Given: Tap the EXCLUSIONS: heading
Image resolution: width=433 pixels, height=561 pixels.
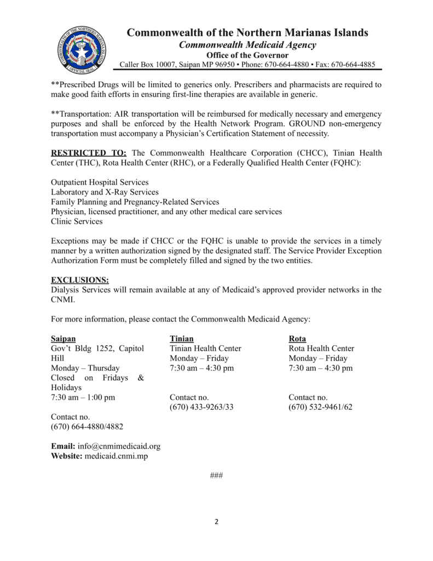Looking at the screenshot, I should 79,280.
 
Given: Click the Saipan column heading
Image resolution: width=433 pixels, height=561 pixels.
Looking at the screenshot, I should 63,339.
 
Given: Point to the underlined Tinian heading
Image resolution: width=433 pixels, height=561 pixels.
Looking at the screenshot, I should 182,339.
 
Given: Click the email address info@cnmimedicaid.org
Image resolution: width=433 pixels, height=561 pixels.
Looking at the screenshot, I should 119,446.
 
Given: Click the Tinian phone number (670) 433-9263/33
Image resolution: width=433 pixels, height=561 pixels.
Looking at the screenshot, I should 201,407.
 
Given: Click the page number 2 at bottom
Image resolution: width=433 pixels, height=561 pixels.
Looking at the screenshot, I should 216,522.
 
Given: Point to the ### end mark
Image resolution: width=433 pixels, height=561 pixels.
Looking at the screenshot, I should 216,475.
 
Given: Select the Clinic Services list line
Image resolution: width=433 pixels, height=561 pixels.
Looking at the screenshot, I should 76,221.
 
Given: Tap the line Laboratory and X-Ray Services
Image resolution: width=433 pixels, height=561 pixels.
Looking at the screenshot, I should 105,192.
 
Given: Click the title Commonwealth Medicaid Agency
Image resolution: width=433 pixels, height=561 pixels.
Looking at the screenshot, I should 247,45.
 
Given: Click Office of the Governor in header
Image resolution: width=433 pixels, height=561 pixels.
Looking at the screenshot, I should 247,55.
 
